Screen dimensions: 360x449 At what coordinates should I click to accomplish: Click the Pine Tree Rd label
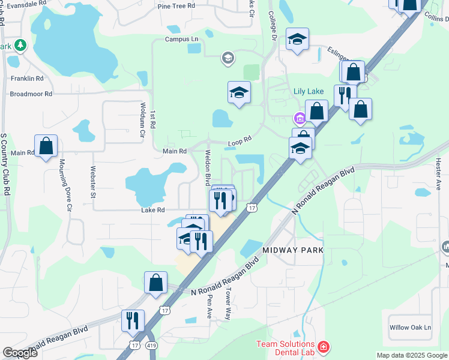pos(176,6)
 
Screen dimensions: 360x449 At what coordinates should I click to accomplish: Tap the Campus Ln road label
pos(181,40)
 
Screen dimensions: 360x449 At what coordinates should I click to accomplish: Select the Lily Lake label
pos(309,92)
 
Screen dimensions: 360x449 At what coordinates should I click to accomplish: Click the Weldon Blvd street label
pos(208,167)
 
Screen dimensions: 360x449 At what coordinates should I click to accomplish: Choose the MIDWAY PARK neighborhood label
pos(292,250)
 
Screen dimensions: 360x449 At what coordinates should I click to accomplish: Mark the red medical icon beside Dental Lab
pos(324,347)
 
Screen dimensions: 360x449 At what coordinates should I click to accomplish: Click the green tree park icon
pos(20,45)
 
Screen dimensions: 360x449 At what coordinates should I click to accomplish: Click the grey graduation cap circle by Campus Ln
pos(228,58)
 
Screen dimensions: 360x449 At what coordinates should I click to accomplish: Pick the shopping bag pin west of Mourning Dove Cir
pos(46,146)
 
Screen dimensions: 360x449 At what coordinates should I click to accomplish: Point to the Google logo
pos(20,353)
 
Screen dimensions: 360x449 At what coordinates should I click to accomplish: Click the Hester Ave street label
pos(438,174)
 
